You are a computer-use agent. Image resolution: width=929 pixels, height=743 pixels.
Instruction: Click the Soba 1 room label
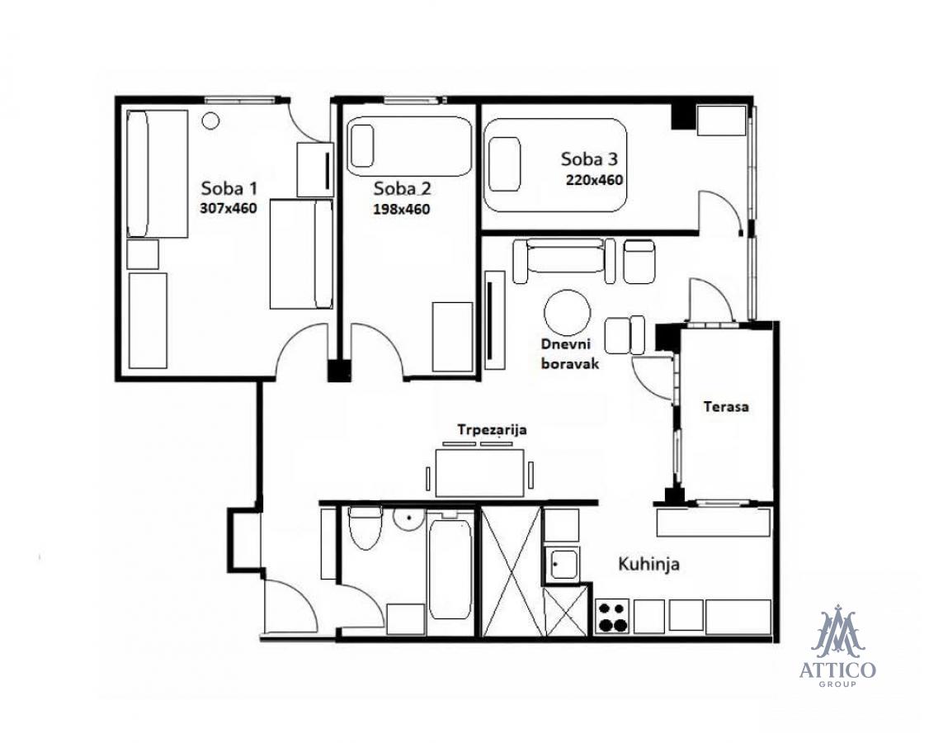pos(229,188)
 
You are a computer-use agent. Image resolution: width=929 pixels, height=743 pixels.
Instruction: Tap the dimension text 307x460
pos(229,208)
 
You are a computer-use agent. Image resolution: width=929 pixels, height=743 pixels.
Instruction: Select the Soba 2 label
pos(403,188)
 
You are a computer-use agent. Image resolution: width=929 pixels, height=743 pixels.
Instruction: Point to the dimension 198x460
pos(402,210)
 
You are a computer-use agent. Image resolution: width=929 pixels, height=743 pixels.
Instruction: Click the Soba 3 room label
pos(590,159)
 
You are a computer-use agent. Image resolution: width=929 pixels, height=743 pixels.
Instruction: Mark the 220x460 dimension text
pos(595,179)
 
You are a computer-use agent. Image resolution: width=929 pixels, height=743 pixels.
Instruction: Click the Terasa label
pos(726,407)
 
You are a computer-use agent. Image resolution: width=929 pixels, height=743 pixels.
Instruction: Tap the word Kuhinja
pos(648,564)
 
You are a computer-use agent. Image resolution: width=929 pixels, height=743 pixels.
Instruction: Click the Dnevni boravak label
pos(570,353)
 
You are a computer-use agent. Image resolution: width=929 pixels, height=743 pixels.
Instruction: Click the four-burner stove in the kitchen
pos(613,617)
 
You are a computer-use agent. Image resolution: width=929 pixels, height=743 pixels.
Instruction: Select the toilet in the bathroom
pos(365,528)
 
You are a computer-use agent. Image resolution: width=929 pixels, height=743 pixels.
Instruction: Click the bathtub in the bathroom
pos(450,568)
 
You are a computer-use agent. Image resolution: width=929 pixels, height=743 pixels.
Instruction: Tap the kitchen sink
pos(563,564)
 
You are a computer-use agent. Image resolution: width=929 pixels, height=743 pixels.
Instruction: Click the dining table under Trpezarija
pos(480,472)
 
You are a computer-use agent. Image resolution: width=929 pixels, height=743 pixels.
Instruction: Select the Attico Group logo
pos(837,646)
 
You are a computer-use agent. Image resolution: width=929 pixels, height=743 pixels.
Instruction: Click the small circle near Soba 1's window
pos(210,121)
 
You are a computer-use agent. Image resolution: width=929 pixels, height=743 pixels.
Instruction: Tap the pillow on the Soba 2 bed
pos(361,146)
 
